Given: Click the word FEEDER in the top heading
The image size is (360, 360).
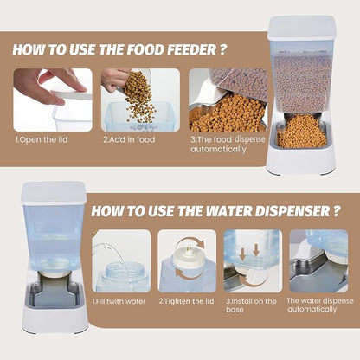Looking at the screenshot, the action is tap(192, 49).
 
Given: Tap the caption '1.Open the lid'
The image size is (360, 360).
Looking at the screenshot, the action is tap(42, 140).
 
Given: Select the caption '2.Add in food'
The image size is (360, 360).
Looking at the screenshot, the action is tap(129, 139).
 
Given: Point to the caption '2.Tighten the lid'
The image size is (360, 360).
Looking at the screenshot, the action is tap(186, 301).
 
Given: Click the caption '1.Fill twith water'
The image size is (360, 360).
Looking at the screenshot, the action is tap(119, 302).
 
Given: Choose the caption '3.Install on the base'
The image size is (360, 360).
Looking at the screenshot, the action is tap(251, 305).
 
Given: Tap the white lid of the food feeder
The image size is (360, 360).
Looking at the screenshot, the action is tap(302, 28).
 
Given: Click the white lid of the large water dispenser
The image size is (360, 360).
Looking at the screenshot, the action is tap(54, 193).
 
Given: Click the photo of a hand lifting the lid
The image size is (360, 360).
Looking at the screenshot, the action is tap(53, 100).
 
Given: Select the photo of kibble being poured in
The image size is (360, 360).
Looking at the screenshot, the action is tap(140, 100).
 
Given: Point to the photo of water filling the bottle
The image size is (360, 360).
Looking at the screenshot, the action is tap(121, 261).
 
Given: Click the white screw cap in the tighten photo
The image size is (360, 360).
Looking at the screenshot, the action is tap(186, 258).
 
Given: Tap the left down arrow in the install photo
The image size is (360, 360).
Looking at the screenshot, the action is tap(243, 254).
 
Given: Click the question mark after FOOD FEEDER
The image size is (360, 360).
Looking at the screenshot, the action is tap(222, 49).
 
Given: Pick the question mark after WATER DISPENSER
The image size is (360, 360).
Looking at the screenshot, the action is tap(336, 211).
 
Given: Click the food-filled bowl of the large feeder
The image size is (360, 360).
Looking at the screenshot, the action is tap(302, 133).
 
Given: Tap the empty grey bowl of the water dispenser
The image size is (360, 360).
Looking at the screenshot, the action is tap(54, 295).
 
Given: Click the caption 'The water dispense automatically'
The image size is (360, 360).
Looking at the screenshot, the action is tap(320, 305).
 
